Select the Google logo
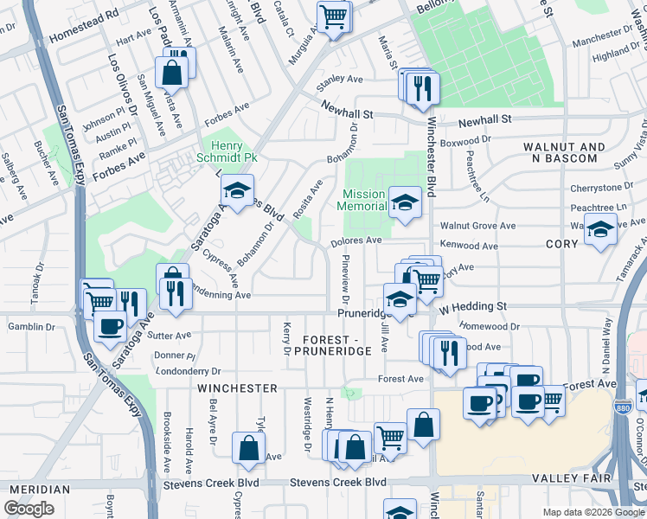pyautogui.click(x=29, y=509)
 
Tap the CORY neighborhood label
pyautogui.click(x=561, y=245)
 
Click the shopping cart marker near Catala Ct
pyautogui.click(x=333, y=16)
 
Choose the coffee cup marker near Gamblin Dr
pyautogui.click(x=110, y=327)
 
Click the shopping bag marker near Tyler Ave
pyautogui.click(x=248, y=448)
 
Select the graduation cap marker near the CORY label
pyautogui.click(x=600, y=230)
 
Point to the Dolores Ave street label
pyautogui.click(x=355, y=240)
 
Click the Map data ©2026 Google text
pyautogui.click(x=593, y=512)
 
